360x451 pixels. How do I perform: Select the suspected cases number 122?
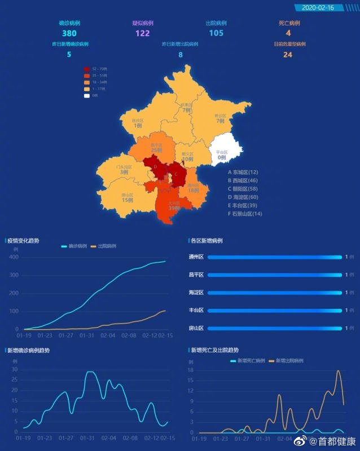143,33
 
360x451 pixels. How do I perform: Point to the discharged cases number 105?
216,33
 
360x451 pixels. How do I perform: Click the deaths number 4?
288,33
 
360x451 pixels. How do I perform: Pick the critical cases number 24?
288,55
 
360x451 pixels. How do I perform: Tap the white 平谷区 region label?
222,152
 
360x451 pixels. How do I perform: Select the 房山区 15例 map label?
127,197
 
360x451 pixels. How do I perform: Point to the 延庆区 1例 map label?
138,123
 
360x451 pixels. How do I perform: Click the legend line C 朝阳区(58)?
244,189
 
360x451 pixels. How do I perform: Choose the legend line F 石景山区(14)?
245,214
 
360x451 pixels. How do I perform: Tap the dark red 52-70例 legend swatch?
87,69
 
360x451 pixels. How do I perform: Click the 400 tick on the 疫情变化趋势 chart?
14,257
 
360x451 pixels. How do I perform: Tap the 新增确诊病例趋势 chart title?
28,350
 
